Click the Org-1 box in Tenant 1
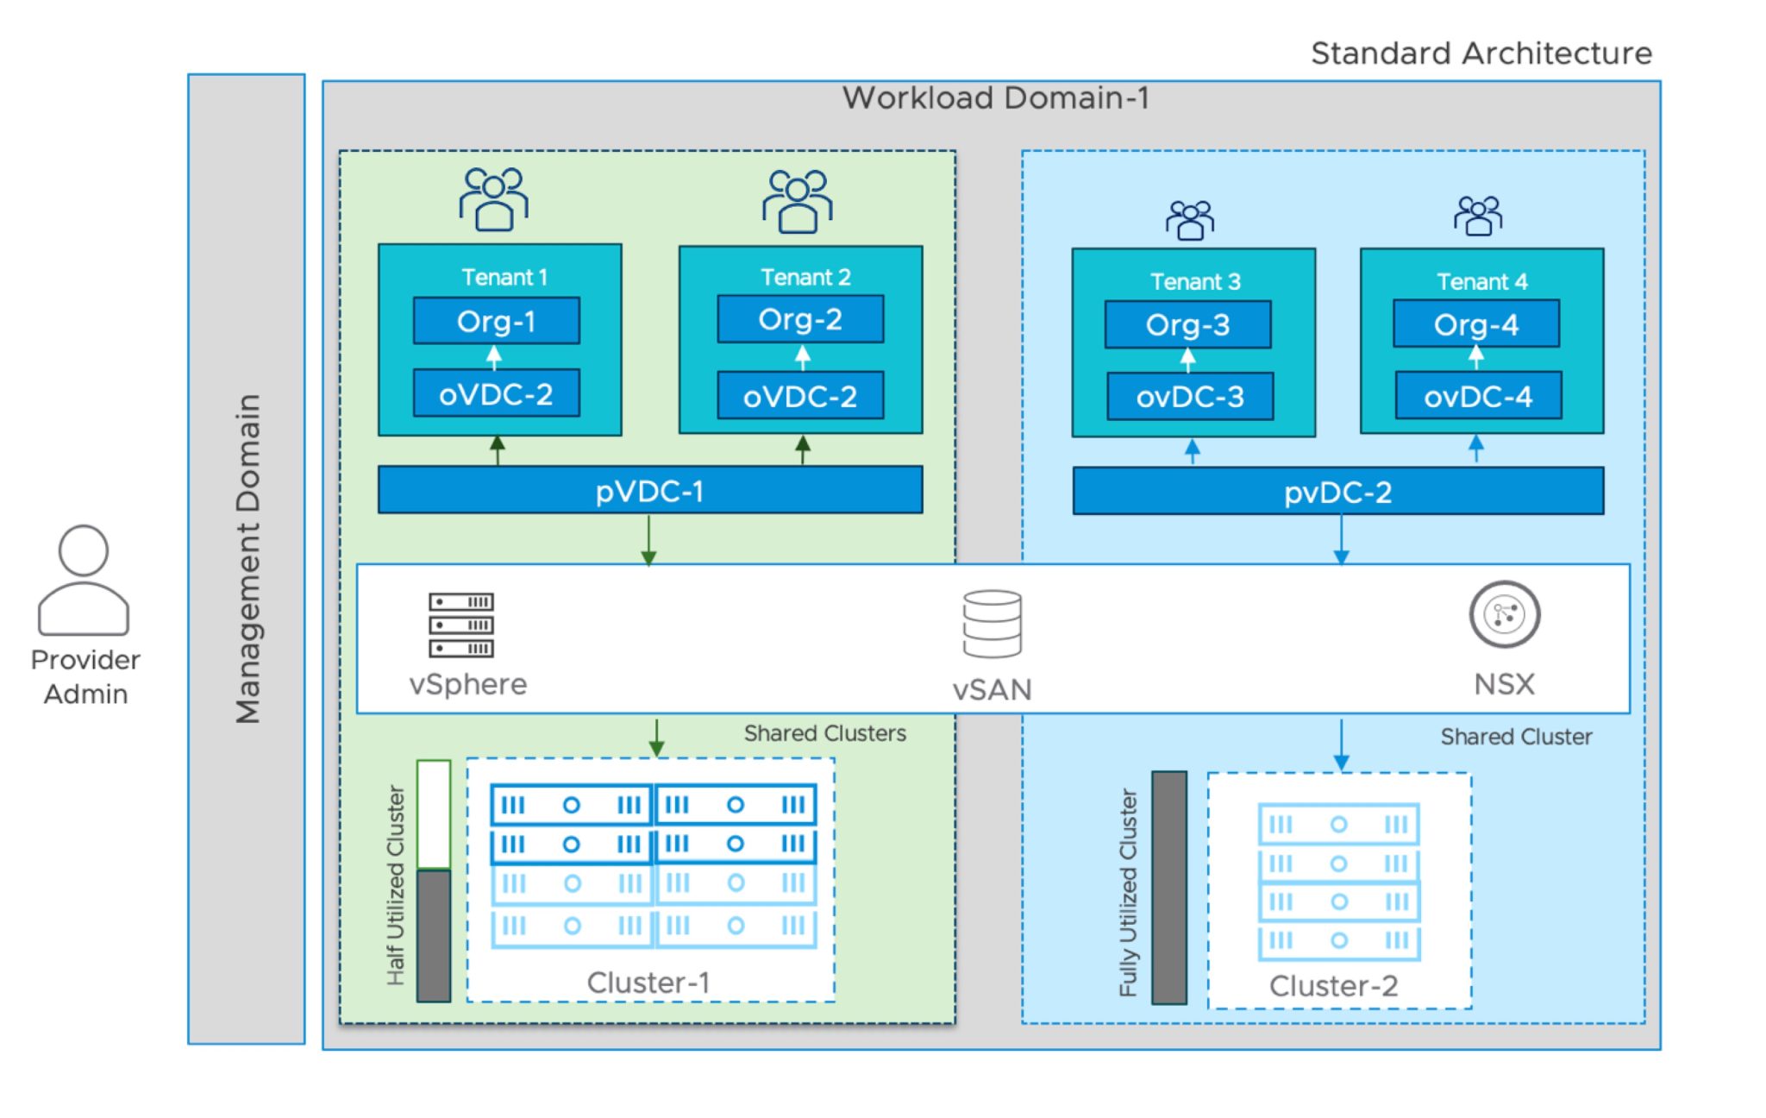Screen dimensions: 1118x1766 (496, 321)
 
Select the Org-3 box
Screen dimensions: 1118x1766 (1187, 324)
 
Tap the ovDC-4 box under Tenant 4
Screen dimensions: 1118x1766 (1478, 396)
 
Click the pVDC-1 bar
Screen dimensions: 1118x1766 (649, 491)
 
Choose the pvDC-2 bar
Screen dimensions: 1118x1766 (1337, 492)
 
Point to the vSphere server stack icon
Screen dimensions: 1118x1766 (461, 625)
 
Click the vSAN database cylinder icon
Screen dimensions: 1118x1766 (992, 624)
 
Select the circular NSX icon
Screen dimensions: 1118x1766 (1504, 614)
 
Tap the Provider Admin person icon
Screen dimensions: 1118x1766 (84, 580)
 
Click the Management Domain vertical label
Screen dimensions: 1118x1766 (247, 559)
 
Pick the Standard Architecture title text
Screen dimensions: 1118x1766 (1481, 53)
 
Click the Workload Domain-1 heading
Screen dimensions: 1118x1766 (995, 97)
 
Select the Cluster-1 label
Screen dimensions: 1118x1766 (648, 982)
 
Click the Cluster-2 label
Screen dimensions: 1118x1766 (1333, 985)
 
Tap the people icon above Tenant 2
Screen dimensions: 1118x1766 (797, 201)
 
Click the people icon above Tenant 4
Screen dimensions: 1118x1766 (1477, 216)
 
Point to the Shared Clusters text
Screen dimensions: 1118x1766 (824, 733)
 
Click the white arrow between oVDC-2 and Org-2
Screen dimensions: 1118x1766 (803, 356)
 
